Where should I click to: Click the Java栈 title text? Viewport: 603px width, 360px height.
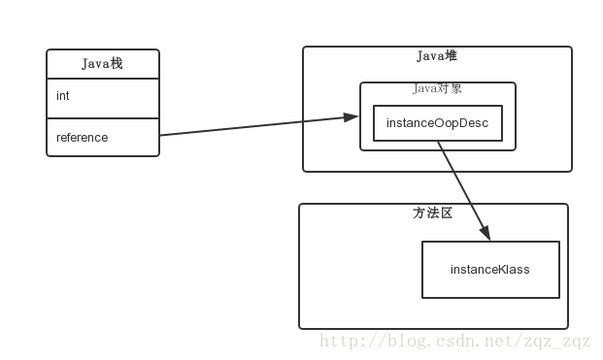pos(102,64)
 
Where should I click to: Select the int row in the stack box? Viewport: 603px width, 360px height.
pos(102,97)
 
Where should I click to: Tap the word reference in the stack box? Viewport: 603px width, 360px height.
pos(82,138)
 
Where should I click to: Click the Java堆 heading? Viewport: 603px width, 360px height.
pos(437,56)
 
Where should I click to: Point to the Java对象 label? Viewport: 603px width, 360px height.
pos(437,88)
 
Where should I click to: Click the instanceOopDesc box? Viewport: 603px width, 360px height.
pos(438,123)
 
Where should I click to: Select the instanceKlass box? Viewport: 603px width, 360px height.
pos(490,270)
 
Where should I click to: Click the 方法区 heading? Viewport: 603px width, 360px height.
pos(433,213)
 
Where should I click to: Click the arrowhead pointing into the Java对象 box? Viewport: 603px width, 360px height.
pos(352,117)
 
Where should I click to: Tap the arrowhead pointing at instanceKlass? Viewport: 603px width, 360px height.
pos(486,234)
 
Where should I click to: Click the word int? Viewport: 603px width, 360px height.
pos(62,97)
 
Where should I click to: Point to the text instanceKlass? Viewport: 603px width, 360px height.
pos(490,270)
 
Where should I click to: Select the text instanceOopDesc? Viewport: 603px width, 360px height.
pos(438,123)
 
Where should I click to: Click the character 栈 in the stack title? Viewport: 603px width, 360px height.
pos(116,64)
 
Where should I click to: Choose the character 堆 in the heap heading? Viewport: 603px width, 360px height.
pos(451,56)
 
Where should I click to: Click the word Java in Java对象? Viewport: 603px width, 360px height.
pos(424,88)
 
